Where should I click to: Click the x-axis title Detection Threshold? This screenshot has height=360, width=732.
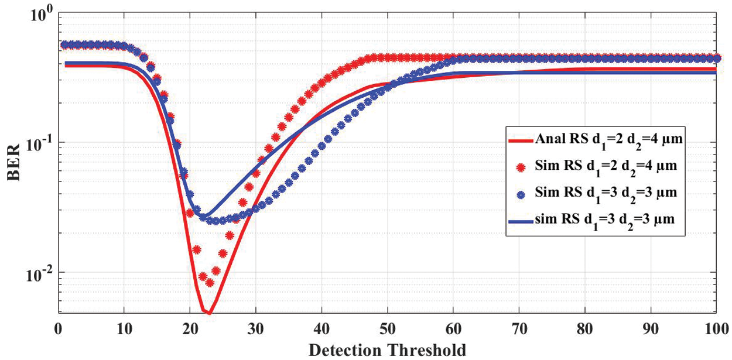point(387,350)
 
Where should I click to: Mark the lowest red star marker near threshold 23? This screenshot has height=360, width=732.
point(210,283)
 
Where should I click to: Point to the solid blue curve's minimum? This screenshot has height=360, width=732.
point(205,217)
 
